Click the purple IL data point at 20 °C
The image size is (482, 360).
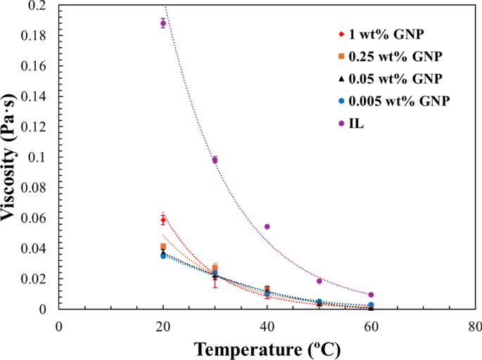point(163,23)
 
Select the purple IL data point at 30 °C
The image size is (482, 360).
point(215,160)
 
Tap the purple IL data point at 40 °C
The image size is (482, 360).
point(267,226)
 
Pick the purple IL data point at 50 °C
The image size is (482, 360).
point(319,281)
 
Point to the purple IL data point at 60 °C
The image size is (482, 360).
point(371,295)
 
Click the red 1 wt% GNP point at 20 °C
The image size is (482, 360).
point(163,220)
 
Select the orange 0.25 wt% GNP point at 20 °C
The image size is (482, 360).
point(163,246)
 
